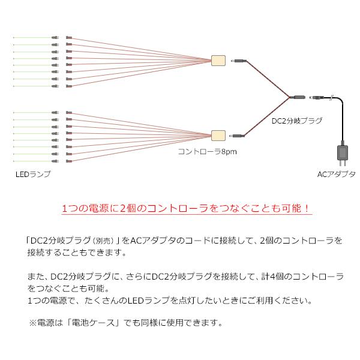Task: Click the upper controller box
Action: [x=218, y=61]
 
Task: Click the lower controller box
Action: [x=218, y=135]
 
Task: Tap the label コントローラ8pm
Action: [x=206, y=152]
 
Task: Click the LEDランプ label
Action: [x=34, y=174]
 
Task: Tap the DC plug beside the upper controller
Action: [x=239, y=61]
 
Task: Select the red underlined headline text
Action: [x=186, y=209]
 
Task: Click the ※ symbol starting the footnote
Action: [x=32, y=322]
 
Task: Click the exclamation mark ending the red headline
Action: [x=306, y=209]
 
